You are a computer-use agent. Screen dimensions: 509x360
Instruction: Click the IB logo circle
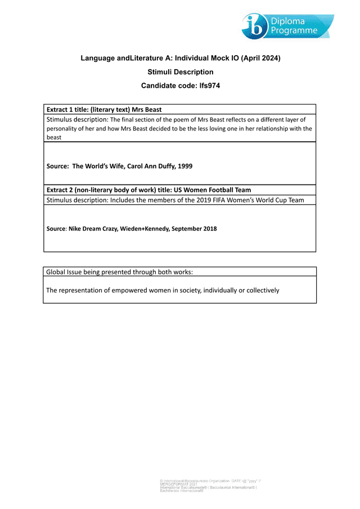tap(256, 26)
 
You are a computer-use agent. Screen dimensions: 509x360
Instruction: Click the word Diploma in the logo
tap(286, 21)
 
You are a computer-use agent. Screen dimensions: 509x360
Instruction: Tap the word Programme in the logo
tap(294, 31)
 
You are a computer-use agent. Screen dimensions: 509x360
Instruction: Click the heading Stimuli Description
tap(180, 72)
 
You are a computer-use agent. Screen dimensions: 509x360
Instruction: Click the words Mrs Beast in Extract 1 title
tap(147, 109)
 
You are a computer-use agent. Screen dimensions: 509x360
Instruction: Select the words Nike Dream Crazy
tap(93, 229)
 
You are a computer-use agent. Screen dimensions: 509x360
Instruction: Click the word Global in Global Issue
tap(57, 272)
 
